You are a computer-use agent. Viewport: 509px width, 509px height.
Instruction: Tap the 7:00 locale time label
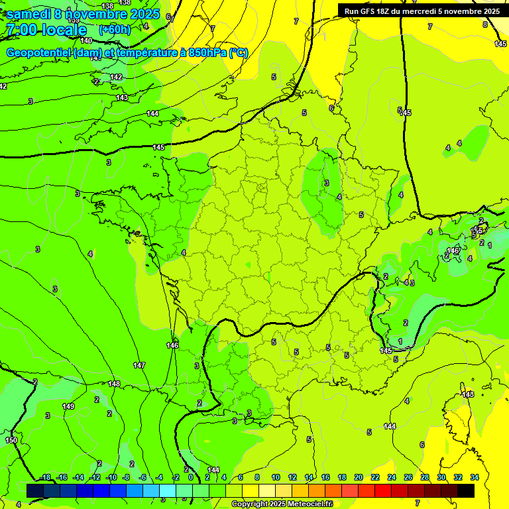click(46, 30)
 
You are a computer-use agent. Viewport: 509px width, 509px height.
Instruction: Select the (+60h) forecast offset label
click(115, 29)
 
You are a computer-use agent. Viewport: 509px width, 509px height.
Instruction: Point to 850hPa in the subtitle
click(203, 53)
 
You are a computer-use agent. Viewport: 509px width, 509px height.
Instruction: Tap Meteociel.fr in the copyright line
click(308, 504)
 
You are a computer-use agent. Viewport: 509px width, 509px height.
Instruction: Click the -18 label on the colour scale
click(45, 477)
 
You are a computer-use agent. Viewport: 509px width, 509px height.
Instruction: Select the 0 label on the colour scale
click(191, 477)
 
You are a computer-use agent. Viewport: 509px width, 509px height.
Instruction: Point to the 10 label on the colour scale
click(276, 477)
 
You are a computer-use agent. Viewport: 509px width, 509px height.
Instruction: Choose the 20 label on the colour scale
click(359, 477)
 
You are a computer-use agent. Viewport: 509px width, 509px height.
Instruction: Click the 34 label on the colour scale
click(475, 477)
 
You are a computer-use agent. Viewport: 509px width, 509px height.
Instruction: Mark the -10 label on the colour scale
click(111, 477)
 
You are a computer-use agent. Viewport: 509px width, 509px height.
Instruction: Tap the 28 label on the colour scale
click(425, 477)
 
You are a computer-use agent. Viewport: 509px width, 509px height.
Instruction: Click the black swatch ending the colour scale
click(466, 490)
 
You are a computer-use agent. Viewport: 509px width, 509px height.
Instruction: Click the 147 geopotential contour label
click(139, 365)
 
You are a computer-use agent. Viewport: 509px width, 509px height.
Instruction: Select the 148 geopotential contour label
click(114, 384)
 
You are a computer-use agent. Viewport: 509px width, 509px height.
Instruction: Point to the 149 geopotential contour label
click(68, 406)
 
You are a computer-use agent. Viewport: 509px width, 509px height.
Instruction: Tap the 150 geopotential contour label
click(11, 440)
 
